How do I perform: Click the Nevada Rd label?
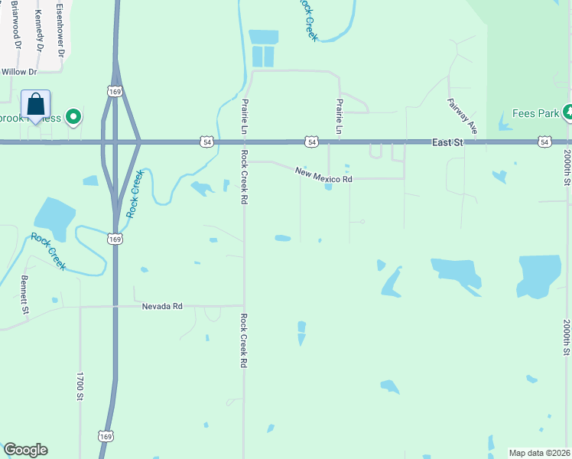(x=162, y=306)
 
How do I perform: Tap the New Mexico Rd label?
(x=324, y=174)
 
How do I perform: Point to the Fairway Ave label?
(x=462, y=116)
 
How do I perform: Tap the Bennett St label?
(x=24, y=295)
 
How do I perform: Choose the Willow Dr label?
(x=19, y=72)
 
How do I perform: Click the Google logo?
(x=25, y=450)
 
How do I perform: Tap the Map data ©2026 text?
(x=540, y=453)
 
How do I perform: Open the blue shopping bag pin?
(x=35, y=105)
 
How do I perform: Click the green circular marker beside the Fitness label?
(x=73, y=117)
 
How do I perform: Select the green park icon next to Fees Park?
(x=567, y=113)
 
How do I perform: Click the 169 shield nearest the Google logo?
(x=106, y=435)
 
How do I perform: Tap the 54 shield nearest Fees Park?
(x=544, y=142)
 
